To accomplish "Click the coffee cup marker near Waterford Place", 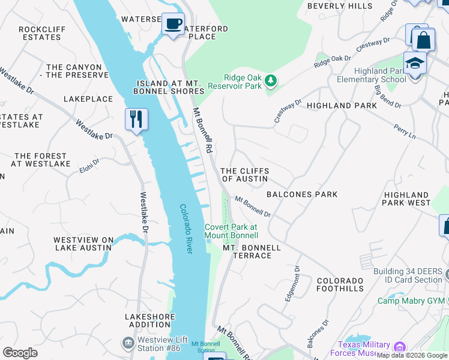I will [x=173, y=25].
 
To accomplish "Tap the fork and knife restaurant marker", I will [x=136, y=119].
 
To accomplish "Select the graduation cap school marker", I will [x=415, y=63].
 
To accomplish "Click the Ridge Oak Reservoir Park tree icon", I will [x=271, y=80].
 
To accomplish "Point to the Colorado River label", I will [x=186, y=229].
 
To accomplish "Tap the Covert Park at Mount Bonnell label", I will [x=231, y=231].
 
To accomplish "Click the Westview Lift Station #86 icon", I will [x=127, y=343].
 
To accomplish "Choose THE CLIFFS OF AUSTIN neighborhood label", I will [x=245, y=175].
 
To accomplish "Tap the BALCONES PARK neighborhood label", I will [x=302, y=194].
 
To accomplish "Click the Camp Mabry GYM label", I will [x=411, y=301].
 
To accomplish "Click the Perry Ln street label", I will [x=405, y=132].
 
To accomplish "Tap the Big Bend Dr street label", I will [x=388, y=96].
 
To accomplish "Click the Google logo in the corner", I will [x=20, y=352].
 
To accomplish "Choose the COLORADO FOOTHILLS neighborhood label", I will [x=340, y=284].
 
